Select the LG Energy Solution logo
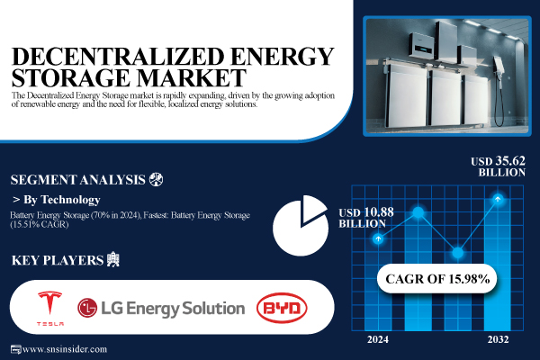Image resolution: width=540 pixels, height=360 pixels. pos(161,308)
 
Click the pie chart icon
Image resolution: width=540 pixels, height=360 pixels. pos(300,226)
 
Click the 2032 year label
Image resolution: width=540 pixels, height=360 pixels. pos(498,339)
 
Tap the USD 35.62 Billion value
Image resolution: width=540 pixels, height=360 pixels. pos(497,168)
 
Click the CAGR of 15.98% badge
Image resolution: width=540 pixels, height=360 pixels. pos(438,279)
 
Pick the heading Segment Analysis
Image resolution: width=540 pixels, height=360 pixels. pos(76,177)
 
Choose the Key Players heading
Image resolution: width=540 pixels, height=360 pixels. pos(55,260)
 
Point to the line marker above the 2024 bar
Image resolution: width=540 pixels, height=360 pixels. pos(379,238)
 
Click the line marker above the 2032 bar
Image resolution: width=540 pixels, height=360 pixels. pos(498,200)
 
